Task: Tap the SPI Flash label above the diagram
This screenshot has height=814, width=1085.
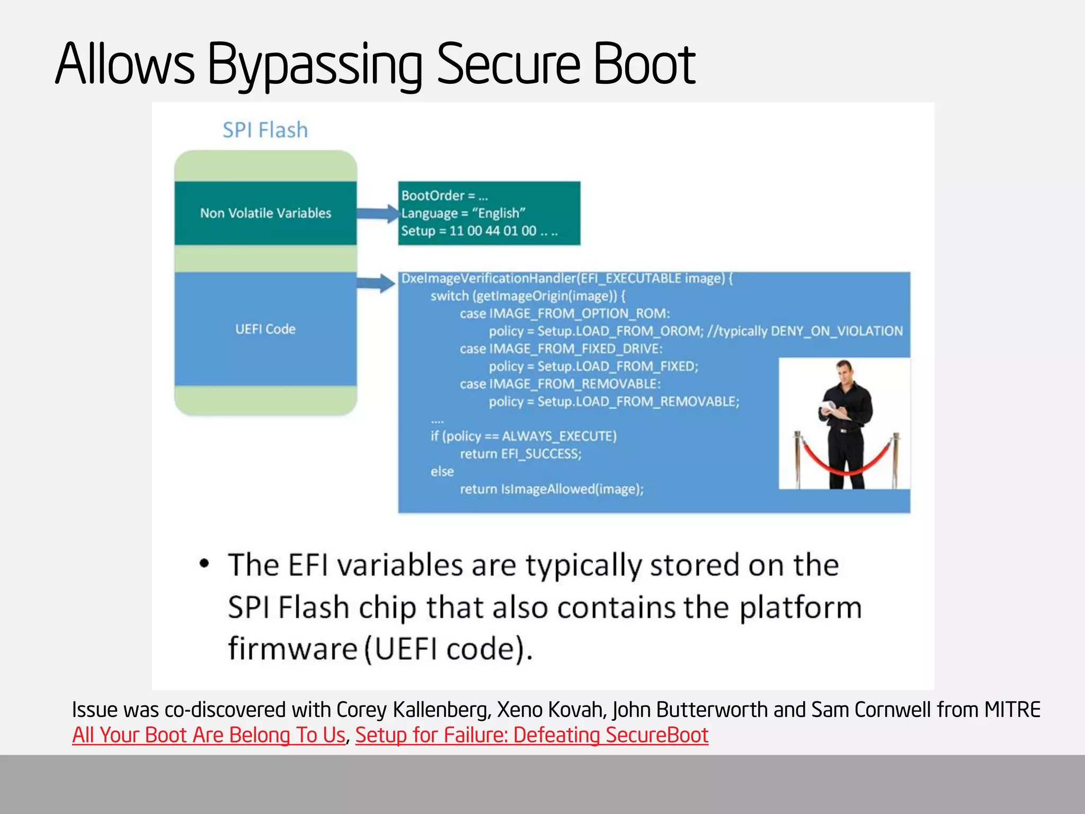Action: pos(265,130)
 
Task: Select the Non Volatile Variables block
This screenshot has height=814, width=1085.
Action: pos(265,213)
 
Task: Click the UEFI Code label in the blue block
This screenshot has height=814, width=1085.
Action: pos(265,329)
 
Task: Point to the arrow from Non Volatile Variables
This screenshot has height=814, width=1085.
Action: pos(377,214)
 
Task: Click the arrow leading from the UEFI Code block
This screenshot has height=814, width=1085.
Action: pos(376,283)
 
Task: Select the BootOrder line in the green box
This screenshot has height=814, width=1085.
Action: pos(444,196)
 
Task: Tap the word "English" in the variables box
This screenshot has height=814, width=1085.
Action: pos(499,213)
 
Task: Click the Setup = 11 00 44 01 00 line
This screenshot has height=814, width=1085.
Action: pos(479,231)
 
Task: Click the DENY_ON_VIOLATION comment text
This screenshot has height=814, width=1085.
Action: pos(837,331)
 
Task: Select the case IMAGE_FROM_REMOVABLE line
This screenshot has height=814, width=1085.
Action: pos(560,384)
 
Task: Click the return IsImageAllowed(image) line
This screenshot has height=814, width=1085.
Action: pos(552,489)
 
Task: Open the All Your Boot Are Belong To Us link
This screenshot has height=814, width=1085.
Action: pos(209,735)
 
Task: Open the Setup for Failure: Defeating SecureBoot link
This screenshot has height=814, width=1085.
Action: pos(531,735)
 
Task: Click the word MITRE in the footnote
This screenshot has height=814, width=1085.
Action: pos(1012,710)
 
